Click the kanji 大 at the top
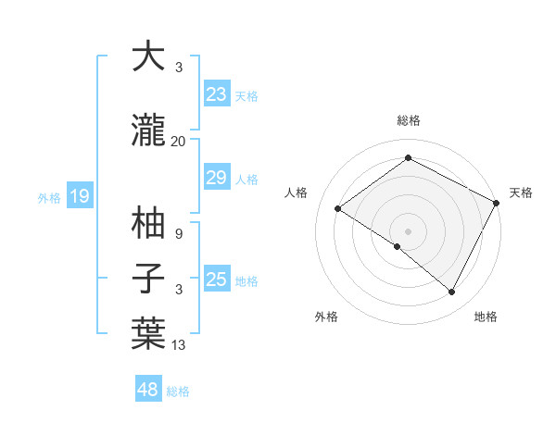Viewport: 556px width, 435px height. [x=148, y=57]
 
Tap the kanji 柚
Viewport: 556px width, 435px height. [x=148, y=223]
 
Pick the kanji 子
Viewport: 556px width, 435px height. [x=148, y=280]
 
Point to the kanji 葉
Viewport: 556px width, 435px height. [x=148, y=333]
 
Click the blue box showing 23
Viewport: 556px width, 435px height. [x=217, y=94]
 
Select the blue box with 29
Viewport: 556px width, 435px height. [x=217, y=179]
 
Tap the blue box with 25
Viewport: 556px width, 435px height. [x=217, y=280]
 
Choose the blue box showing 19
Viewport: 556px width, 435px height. [x=79, y=196]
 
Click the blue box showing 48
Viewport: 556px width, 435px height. [x=148, y=390]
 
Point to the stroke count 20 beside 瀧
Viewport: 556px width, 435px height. [x=178, y=142]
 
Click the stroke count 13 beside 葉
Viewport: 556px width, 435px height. [x=178, y=345]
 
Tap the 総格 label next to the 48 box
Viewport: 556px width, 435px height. [x=178, y=391]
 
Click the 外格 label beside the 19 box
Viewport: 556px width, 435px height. [x=48, y=197]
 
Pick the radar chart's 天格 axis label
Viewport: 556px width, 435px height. [x=521, y=193]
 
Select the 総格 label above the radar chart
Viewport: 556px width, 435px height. [x=408, y=121]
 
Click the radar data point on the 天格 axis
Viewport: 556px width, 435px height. [x=497, y=203]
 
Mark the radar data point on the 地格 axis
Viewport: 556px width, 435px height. [x=452, y=292]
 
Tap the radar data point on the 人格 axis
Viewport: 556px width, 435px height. [x=338, y=209]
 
